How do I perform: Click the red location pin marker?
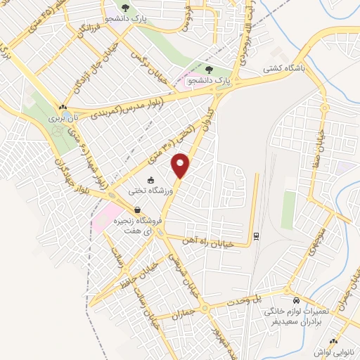pyautogui.click(x=181, y=165)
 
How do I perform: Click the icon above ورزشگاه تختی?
pyautogui.click(x=150, y=180)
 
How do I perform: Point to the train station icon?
pyautogui.click(x=256, y=236)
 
